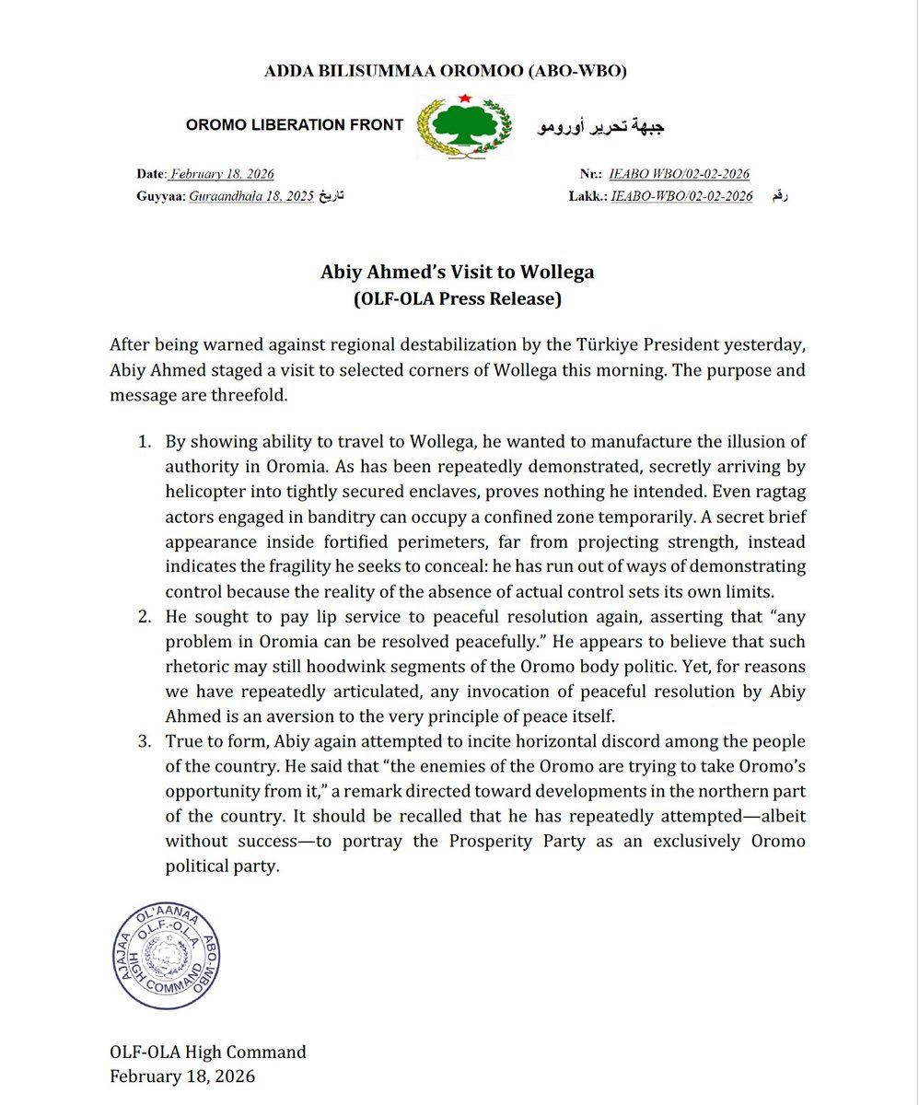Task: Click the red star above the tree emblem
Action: (x=466, y=98)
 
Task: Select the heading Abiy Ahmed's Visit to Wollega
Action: (x=458, y=273)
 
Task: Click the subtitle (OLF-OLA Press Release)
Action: (x=458, y=298)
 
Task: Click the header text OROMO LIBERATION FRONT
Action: (x=295, y=125)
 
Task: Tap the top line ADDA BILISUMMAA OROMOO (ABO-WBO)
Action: (x=458, y=71)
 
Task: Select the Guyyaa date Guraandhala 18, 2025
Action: (x=252, y=196)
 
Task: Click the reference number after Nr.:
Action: (x=680, y=174)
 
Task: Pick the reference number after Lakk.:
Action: (x=682, y=196)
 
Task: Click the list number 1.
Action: (x=145, y=442)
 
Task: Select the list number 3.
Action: (x=145, y=741)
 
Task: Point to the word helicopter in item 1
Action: (x=208, y=491)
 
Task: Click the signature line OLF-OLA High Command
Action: (x=207, y=1053)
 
